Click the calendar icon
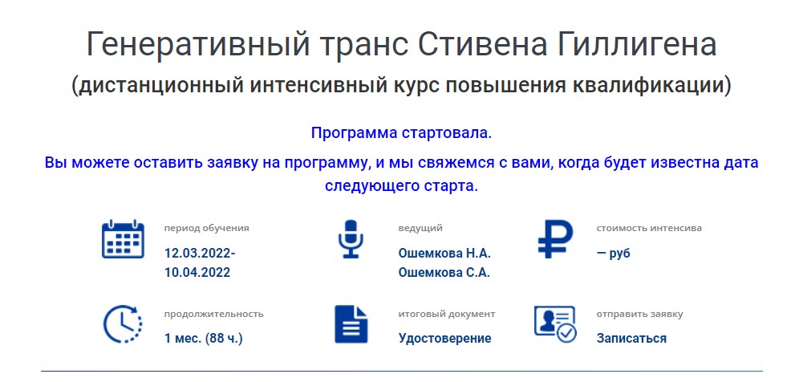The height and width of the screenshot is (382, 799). coord(123,238)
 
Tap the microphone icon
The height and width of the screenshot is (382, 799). coord(351,238)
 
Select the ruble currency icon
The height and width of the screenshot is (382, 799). coord(554,238)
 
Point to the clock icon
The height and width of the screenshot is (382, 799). coord(123,324)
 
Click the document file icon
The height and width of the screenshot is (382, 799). coord(351,324)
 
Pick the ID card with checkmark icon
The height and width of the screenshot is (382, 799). coord(555,324)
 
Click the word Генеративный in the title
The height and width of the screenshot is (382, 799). coord(198,45)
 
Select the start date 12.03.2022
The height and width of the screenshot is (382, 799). coord(200,254)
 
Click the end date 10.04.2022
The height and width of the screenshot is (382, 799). coord(197,272)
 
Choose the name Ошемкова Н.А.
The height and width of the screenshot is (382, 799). coord(444,254)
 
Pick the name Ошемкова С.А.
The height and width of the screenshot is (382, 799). coord(444,272)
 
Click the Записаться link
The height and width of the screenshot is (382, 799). coord(631,338)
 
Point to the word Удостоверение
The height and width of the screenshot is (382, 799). coord(445,338)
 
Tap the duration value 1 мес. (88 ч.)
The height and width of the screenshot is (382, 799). coord(203,338)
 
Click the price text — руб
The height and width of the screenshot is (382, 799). coord(614,254)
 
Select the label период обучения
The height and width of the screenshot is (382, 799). coord(206,229)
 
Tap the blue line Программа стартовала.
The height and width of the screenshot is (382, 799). coord(402,134)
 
